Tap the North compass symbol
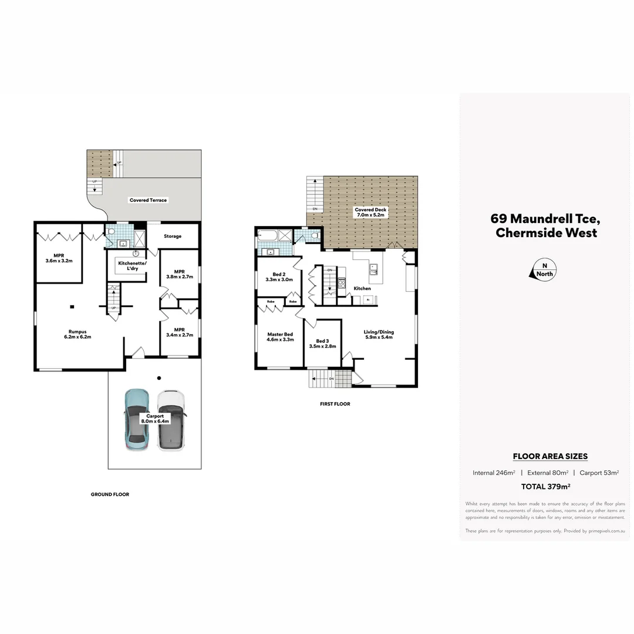click(544, 270)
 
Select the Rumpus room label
click(77, 334)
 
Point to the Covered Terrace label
click(148, 200)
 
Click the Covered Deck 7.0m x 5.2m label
click(369, 213)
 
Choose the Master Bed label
click(279, 337)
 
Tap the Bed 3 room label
click(322, 343)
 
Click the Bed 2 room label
click(279, 277)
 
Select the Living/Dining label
click(379, 335)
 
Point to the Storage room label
click(173, 237)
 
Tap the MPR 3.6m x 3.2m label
click(59, 258)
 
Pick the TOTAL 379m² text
click(546, 486)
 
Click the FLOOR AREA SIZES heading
click(550, 456)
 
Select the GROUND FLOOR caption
click(110, 494)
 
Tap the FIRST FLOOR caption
click(335, 404)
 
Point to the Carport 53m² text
click(599, 473)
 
